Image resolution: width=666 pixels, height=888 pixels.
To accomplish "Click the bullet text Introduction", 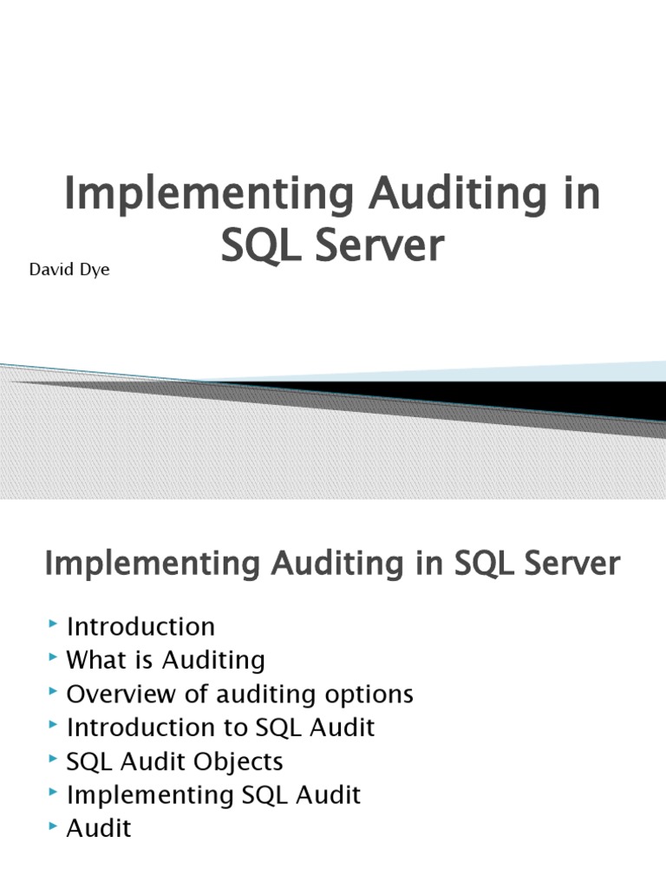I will click(x=140, y=626).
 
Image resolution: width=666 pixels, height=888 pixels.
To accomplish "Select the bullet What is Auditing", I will click(x=166, y=660).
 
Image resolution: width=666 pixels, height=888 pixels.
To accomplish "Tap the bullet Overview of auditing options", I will click(x=240, y=694).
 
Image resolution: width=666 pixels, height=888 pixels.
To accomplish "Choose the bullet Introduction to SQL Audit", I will click(x=221, y=727).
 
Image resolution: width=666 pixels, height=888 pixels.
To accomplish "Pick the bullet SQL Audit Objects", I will click(x=175, y=761).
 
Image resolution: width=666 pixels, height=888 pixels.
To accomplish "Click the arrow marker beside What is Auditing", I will click(x=55, y=658).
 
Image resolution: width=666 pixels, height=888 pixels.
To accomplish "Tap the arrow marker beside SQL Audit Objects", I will click(x=55, y=759).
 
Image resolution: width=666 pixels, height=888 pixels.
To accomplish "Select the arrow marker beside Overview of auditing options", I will click(x=55, y=692).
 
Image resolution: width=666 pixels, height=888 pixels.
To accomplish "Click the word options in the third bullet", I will click(x=367, y=695).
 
